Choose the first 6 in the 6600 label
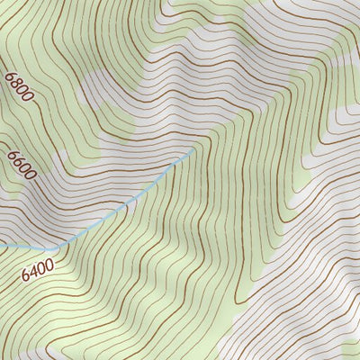coord(11,154)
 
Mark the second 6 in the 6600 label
coord(16,161)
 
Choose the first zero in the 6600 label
coord(23,168)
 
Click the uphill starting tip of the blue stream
coord(193,152)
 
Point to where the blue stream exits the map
coord(1,245)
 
